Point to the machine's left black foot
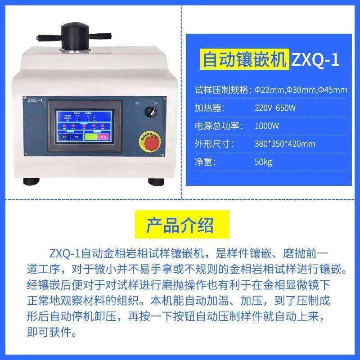(x=32, y=181)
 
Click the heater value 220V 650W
(x=275, y=108)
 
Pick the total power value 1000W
(x=267, y=126)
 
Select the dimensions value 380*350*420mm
(x=285, y=144)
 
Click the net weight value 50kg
(x=263, y=162)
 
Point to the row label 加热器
(x=210, y=108)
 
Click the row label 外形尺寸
(x=214, y=144)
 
